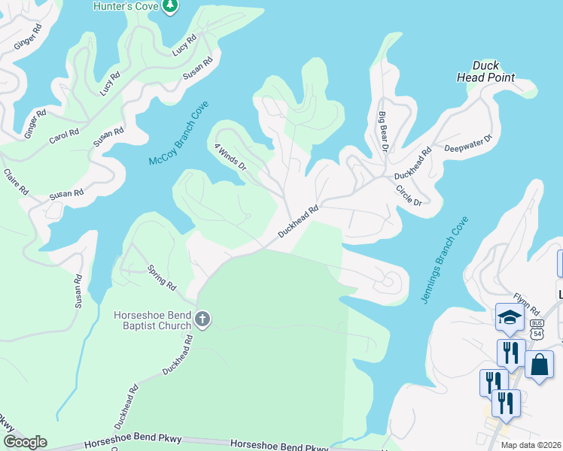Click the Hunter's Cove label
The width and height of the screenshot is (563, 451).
pyautogui.click(x=124, y=6)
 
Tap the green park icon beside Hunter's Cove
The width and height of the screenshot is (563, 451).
pyautogui.click(x=172, y=6)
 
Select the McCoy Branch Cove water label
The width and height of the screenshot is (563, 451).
pyautogui.click(x=178, y=135)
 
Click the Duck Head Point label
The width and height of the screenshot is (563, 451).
pyautogui.click(x=485, y=71)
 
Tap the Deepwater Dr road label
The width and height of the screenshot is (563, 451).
pyautogui.click(x=467, y=144)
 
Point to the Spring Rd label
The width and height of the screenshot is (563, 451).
pyautogui.click(x=161, y=277)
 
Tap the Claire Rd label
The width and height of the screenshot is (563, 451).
pyautogui.click(x=16, y=181)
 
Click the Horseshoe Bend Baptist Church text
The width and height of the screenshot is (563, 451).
pyautogui.click(x=152, y=320)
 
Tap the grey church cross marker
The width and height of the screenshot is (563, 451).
pyautogui.click(x=202, y=320)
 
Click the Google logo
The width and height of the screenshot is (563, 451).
pyautogui.click(x=25, y=442)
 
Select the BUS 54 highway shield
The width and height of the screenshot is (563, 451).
pyautogui.click(x=536, y=328)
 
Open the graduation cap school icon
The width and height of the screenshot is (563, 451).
pyautogui.click(x=510, y=318)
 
